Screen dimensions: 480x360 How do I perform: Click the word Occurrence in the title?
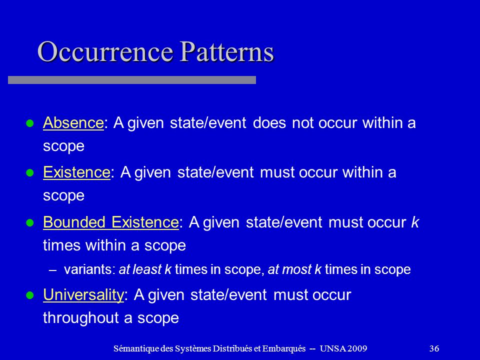(x=105, y=51)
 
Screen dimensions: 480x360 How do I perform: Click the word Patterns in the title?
(x=226, y=51)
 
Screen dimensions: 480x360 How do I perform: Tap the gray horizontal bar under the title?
(x=132, y=80)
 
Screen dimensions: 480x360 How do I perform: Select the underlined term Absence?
(x=73, y=123)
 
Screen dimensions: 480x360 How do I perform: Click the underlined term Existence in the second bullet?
(x=76, y=172)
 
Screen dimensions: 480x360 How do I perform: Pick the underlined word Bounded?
(x=74, y=222)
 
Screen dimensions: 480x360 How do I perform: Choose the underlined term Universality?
(x=83, y=295)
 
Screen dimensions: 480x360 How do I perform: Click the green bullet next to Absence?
(x=29, y=123)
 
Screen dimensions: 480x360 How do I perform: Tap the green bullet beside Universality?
(x=29, y=295)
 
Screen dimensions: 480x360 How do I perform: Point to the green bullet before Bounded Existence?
(x=29, y=222)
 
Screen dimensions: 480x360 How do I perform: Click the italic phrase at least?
(x=140, y=269)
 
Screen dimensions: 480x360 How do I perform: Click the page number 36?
(x=434, y=348)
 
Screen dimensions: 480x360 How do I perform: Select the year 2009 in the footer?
(x=357, y=348)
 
